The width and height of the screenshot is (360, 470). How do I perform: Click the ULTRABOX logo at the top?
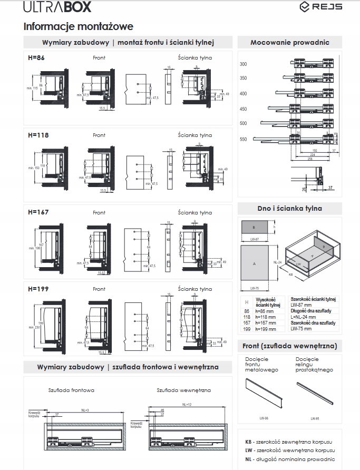click(x=50, y=7)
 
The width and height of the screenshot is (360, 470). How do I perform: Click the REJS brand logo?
click(x=320, y=7)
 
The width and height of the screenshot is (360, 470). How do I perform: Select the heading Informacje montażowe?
click(x=79, y=26)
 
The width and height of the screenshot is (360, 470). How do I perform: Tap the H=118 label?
click(x=38, y=135)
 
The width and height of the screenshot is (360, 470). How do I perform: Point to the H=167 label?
click(x=38, y=212)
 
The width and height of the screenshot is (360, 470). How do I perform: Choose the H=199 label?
click(x=38, y=289)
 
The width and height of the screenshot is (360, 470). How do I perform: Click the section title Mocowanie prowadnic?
click(x=290, y=42)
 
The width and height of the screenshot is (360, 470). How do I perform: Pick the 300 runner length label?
click(x=244, y=64)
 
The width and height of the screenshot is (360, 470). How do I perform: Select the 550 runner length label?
click(x=244, y=139)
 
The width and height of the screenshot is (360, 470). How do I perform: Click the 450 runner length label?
click(x=244, y=109)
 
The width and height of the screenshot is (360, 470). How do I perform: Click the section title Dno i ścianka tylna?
click(x=290, y=208)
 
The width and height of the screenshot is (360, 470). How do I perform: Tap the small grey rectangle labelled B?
click(x=254, y=228)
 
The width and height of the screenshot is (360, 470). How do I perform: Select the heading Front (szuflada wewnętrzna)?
click(x=290, y=346)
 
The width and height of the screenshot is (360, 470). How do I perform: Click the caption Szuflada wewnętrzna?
click(x=183, y=390)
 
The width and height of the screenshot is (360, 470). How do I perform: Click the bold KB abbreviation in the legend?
click(x=249, y=442)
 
